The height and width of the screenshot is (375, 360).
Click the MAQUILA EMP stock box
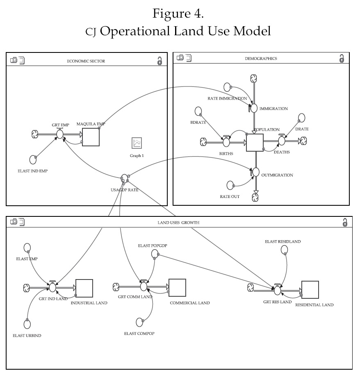point(91,137)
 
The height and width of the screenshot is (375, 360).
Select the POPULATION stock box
point(255,142)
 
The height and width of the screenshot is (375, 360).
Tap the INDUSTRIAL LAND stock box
point(84,288)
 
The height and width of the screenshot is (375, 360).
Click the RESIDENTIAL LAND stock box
point(310,290)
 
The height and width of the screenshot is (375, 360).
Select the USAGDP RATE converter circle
point(125,178)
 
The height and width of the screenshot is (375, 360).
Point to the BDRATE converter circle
point(198,111)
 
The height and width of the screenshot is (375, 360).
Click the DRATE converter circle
point(302,118)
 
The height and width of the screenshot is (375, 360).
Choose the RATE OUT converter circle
point(231,185)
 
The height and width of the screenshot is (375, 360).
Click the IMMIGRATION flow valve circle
point(254,108)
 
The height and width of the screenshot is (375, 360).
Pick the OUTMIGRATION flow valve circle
point(256,172)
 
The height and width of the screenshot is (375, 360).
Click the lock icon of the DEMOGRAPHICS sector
point(342,59)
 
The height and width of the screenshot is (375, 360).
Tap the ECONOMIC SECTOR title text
point(86,61)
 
